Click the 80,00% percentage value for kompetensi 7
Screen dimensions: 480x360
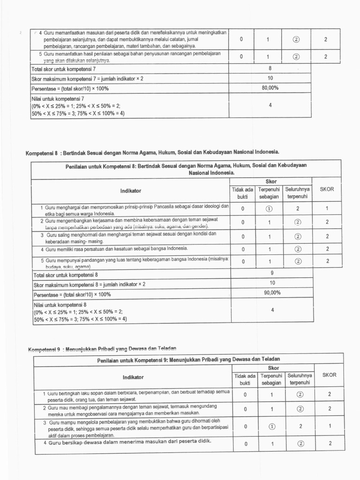point(270,87)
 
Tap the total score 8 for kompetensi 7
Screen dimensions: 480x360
point(270,68)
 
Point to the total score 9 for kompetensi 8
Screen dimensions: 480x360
point(272,272)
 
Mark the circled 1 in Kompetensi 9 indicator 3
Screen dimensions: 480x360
point(272,426)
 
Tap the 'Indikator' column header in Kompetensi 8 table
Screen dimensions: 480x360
point(131,191)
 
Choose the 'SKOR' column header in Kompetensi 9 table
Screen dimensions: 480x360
point(329,375)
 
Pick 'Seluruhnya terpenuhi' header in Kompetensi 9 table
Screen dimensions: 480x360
point(300,379)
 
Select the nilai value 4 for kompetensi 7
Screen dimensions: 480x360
point(270,105)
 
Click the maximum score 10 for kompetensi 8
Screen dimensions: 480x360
point(272,283)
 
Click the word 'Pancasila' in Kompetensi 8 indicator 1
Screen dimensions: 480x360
point(159,206)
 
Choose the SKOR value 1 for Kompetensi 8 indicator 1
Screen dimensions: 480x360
point(327,209)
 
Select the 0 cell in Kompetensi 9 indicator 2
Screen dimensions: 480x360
point(245,409)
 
